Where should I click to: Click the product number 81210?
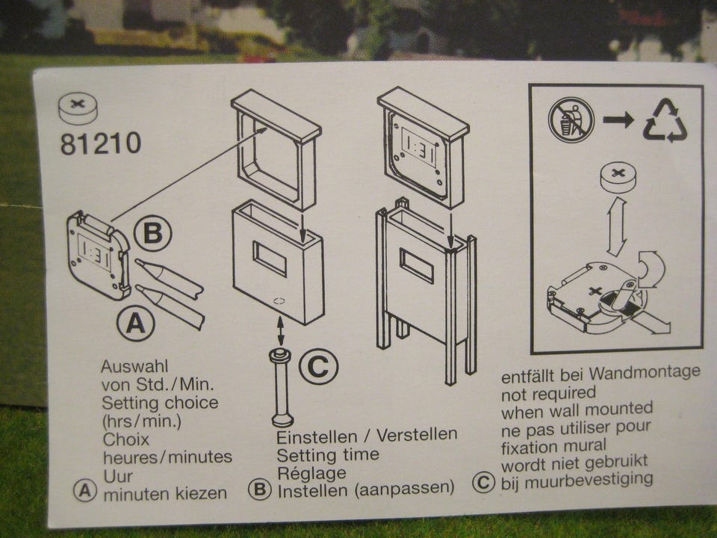tap(101, 143)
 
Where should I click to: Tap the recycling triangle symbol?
tap(665, 121)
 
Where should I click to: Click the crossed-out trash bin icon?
tap(571, 120)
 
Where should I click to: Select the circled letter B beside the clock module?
tap(152, 233)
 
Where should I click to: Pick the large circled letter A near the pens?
tap(136, 324)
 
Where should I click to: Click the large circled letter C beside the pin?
tap(319, 366)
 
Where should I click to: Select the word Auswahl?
tap(128, 366)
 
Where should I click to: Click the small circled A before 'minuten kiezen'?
tap(85, 492)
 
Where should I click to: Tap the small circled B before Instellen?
tap(260, 489)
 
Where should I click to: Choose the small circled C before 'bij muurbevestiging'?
tap(483, 482)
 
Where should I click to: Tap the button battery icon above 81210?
tap(78, 109)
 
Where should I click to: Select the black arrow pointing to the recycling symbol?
tap(618, 120)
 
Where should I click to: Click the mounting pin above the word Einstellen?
tap(282, 387)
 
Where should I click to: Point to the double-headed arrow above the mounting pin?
tap(280, 330)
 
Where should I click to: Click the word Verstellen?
tap(417, 434)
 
